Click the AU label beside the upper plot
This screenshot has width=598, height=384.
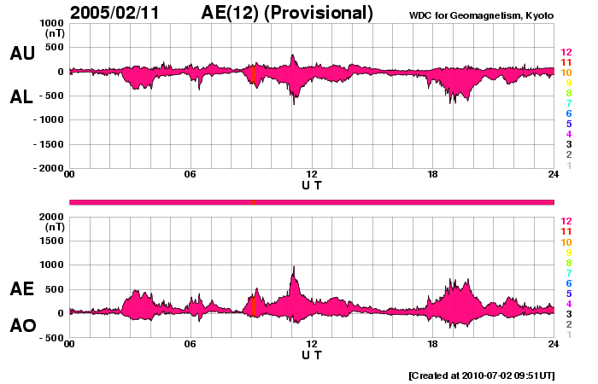pos(22,54)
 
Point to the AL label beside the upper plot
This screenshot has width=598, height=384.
pos(22,97)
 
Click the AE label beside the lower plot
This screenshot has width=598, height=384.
pos(22,289)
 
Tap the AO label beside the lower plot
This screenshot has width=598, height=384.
pos(22,326)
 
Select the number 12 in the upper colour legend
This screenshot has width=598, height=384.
pos(566,53)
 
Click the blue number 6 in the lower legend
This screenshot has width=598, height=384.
pos(567,283)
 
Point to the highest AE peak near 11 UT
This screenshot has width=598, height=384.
pos(294,267)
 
